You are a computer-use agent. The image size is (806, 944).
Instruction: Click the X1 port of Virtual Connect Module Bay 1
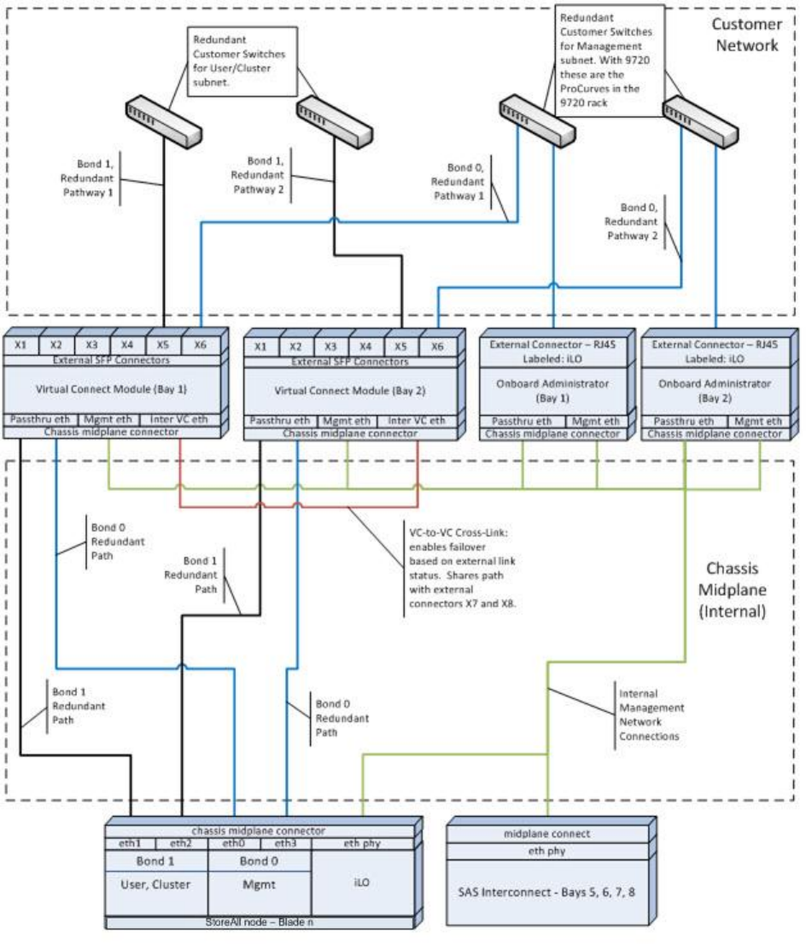click(x=20, y=344)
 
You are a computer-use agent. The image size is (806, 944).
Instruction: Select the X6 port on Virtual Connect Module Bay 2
click(x=436, y=347)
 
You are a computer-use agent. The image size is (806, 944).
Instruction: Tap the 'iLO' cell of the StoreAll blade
click(x=365, y=883)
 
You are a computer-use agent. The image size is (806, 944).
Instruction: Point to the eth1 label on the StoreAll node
click(x=130, y=843)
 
